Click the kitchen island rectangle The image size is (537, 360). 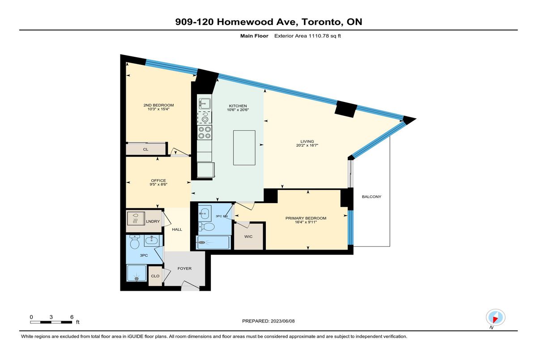pyautogui.click(x=244, y=148)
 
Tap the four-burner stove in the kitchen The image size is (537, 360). pyautogui.click(x=205, y=133)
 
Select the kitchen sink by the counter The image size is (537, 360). pyautogui.click(x=205, y=104)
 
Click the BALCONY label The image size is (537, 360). pyautogui.click(x=371, y=197)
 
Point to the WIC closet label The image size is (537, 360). pyautogui.click(x=248, y=237)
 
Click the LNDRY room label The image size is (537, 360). pyautogui.click(x=153, y=221)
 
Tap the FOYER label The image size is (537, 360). pyautogui.click(x=184, y=268)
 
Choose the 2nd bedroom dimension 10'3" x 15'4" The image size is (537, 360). pyautogui.click(x=158, y=109)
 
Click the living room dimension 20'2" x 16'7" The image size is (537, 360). pyautogui.click(x=307, y=145)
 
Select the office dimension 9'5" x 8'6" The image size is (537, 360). pyautogui.click(x=158, y=184)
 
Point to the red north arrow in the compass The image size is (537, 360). pyautogui.click(x=495, y=319)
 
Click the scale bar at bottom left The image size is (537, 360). pyautogui.click(x=51, y=322)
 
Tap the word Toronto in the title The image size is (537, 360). pyautogui.click(x=321, y=22)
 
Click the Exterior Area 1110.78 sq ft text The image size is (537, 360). pyautogui.click(x=307, y=36)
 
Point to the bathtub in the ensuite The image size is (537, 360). pyautogui.click(x=213, y=242)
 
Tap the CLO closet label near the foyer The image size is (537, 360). pyautogui.click(x=155, y=276)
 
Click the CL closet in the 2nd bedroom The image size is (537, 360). pyautogui.click(x=146, y=149)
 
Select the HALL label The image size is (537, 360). pyautogui.click(x=177, y=229)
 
